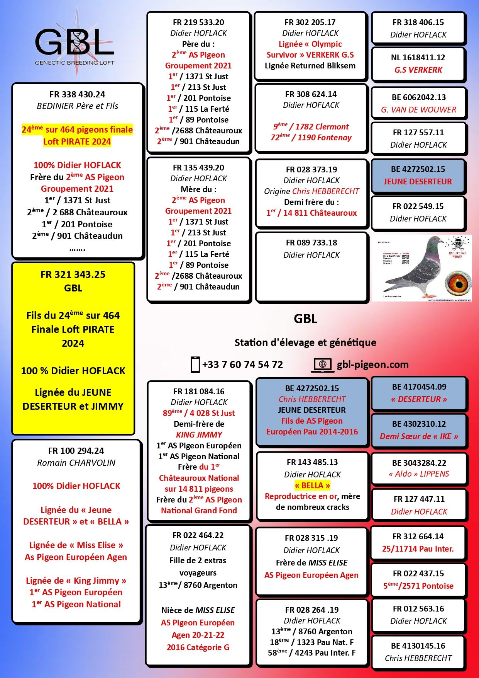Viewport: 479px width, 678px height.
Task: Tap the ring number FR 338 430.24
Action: point(77,94)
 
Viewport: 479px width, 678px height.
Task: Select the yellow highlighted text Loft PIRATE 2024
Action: point(77,141)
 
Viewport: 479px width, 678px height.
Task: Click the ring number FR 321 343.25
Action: point(73,274)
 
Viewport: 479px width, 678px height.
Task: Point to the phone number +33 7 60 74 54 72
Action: point(242,365)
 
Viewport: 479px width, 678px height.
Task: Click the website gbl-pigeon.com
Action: point(372,365)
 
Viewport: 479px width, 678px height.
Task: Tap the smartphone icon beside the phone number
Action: point(195,365)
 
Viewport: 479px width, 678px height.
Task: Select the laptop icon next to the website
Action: point(323,365)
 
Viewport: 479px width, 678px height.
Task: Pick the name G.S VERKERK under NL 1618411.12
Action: point(418,70)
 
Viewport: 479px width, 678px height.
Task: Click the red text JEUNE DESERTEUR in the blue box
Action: point(418,182)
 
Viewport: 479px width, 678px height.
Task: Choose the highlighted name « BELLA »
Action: point(312,486)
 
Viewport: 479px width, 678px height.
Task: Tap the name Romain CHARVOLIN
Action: point(76,463)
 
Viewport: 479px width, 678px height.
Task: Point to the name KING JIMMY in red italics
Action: point(199,435)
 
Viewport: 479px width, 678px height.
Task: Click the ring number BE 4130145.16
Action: point(418,646)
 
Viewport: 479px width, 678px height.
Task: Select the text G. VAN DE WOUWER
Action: point(418,110)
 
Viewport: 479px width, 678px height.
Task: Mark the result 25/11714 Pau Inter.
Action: point(418,549)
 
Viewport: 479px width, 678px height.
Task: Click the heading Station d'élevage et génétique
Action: point(305,342)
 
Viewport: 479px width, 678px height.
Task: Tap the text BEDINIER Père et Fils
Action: point(77,106)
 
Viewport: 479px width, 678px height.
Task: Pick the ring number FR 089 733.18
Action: point(311,243)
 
